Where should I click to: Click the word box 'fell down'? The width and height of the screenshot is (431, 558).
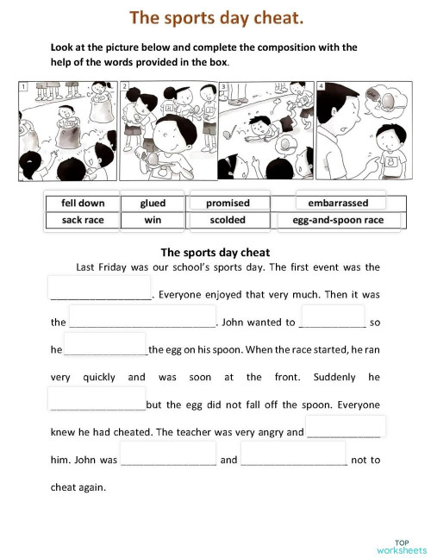[x=83, y=204]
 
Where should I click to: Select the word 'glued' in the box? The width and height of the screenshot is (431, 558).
[x=153, y=204]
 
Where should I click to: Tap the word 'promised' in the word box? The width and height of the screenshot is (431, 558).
[x=228, y=204]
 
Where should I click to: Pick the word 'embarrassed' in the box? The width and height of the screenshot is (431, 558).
[x=337, y=204]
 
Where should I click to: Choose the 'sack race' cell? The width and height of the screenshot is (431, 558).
[x=83, y=220]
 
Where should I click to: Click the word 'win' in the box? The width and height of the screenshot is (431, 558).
[x=153, y=220]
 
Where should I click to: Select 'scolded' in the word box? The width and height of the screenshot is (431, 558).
[x=228, y=220]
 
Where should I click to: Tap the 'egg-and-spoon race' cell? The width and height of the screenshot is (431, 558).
[x=337, y=220]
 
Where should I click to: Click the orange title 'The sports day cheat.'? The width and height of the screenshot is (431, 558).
[x=215, y=18]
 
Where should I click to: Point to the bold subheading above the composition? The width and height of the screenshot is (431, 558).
[x=215, y=253]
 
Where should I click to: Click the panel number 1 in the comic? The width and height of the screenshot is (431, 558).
[x=24, y=87]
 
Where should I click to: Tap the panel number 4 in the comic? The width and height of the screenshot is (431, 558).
[x=321, y=87]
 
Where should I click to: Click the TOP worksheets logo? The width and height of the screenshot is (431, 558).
[x=401, y=545]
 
